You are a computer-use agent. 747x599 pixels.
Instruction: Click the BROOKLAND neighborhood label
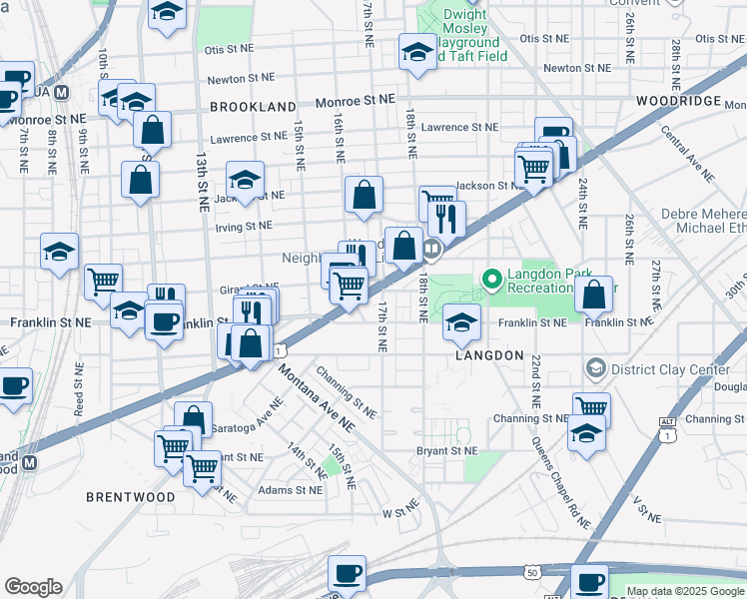coord(253,107)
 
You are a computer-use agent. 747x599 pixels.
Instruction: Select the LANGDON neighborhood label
coord(490,355)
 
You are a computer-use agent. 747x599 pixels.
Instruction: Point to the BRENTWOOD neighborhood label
coord(130,496)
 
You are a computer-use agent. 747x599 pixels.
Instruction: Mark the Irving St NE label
coord(244,227)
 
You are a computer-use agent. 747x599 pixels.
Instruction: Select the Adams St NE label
coord(290,490)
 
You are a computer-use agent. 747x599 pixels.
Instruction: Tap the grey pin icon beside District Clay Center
coord(596,368)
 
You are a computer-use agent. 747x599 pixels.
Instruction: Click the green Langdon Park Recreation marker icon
coord(491,278)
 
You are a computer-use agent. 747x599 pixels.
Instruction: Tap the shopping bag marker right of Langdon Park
coord(594,295)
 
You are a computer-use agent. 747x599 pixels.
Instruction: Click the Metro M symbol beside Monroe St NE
coord(61,92)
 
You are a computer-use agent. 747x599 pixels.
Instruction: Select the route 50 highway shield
coord(533,572)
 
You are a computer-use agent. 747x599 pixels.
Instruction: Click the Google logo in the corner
coord(33,587)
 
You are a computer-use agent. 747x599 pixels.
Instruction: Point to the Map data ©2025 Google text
coord(685,591)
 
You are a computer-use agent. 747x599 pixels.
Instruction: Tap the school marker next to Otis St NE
coord(416,53)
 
